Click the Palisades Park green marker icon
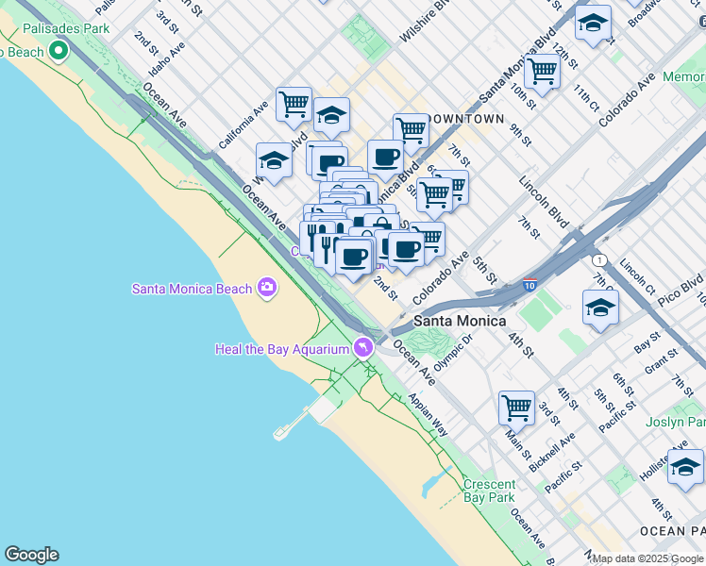[59, 50]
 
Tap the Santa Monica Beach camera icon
[267, 287]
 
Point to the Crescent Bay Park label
[489, 491]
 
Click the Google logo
[31, 555]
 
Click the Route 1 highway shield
[597, 259]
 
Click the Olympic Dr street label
[453, 351]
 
